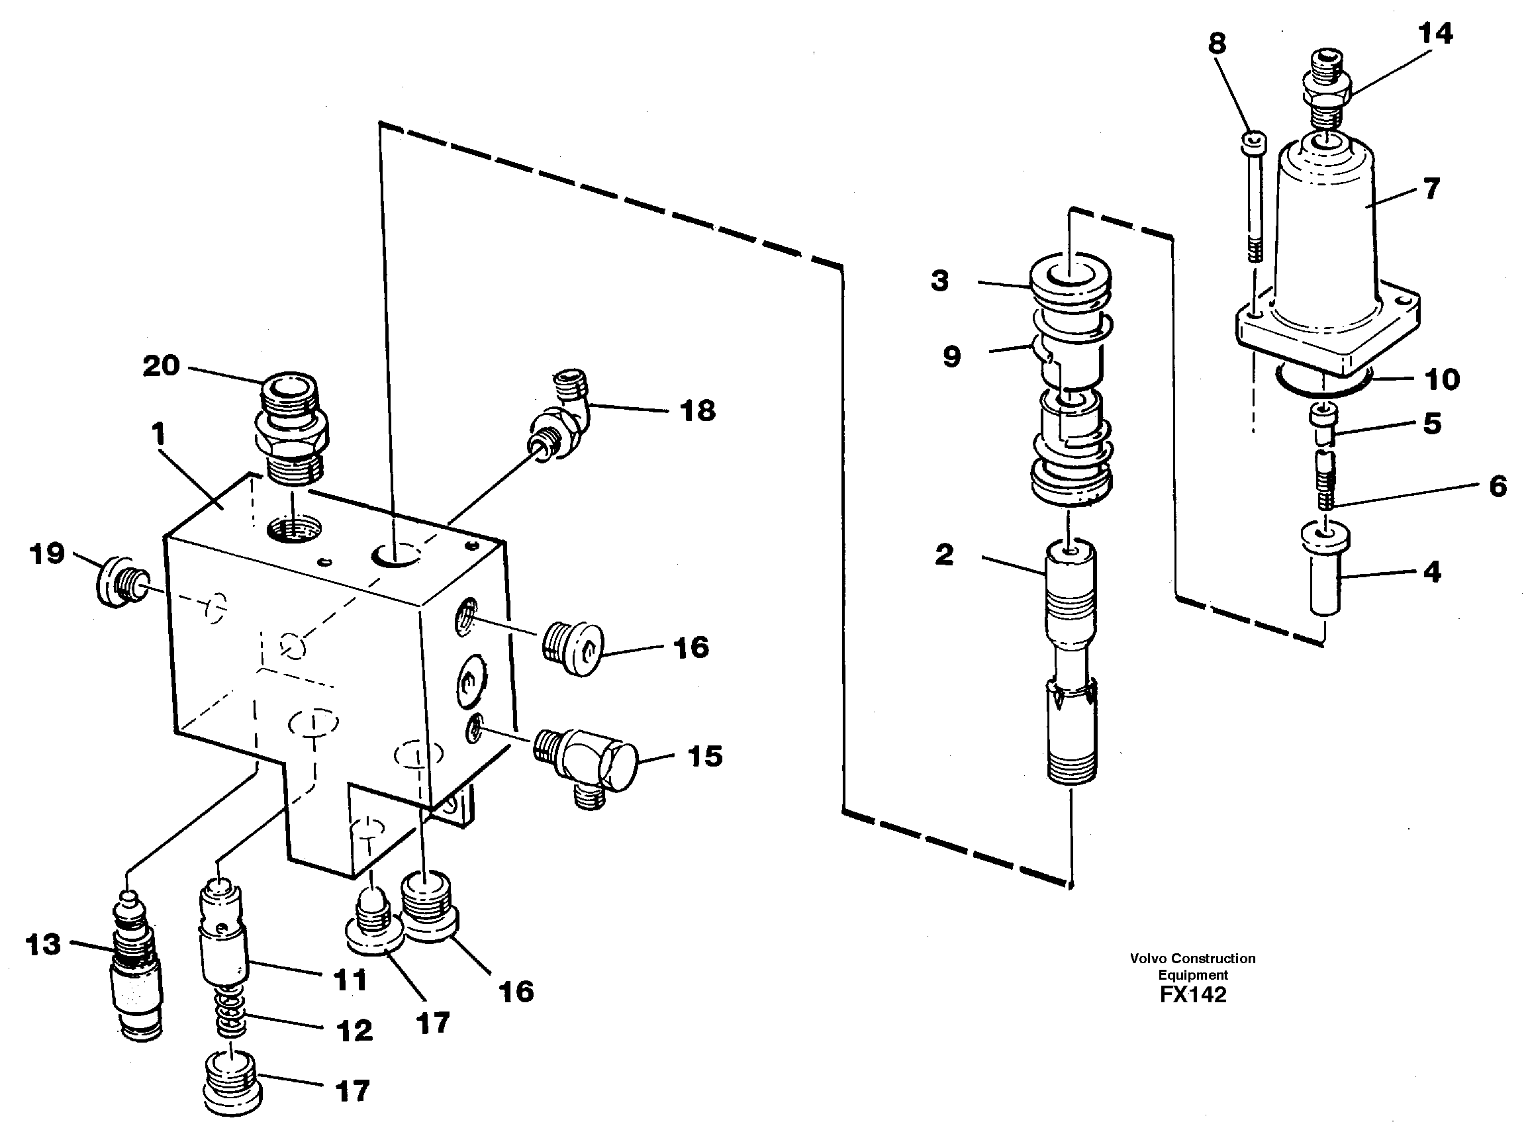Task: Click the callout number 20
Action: click(162, 366)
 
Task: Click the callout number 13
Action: click(43, 945)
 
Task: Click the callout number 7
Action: click(1430, 189)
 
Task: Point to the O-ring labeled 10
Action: click(1324, 383)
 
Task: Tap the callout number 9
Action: click(951, 356)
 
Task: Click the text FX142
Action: click(1193, 994)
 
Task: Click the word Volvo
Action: click(1149, 959)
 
